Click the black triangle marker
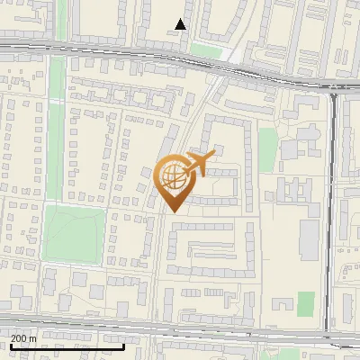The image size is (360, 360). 182,24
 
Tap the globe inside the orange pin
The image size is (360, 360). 174,176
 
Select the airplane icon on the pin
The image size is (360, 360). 201,163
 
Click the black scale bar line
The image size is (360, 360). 67,346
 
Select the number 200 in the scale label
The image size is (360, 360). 20,337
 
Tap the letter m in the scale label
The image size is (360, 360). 33,337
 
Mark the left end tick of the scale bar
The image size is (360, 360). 10,345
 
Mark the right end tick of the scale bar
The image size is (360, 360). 123,345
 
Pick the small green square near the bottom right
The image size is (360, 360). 306,304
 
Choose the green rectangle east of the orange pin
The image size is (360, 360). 267,148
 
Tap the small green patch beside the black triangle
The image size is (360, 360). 206,50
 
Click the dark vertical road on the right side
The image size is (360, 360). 330,207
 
